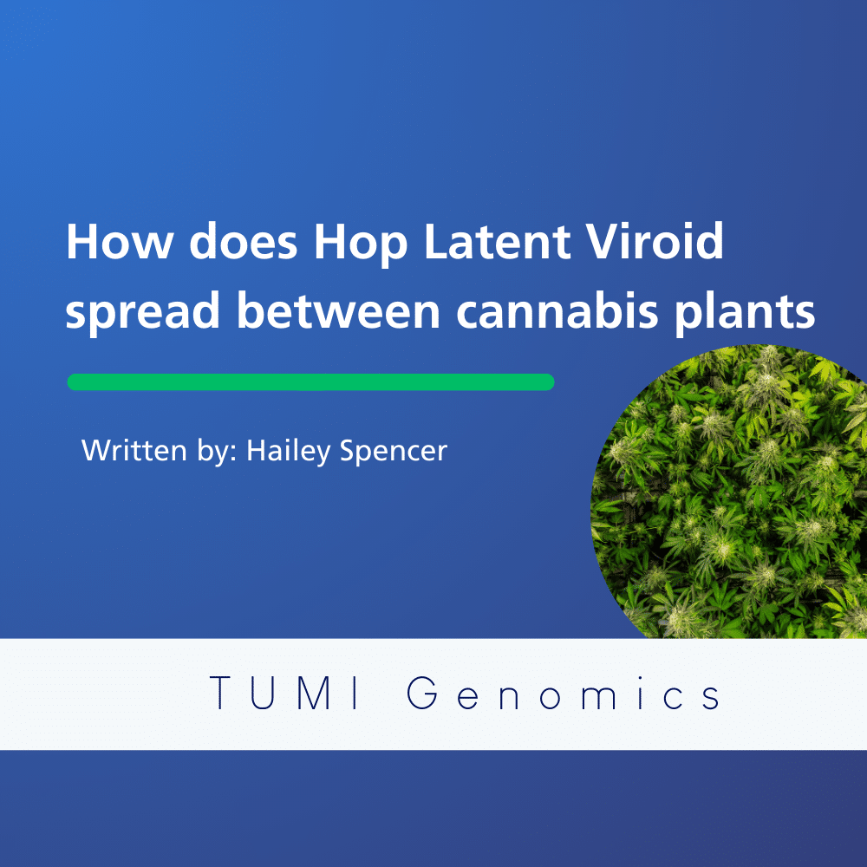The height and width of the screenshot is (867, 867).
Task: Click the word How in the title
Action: [x=120, y=241]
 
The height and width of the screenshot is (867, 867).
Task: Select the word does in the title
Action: [x=244, y=241]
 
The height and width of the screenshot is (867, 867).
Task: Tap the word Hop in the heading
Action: [x=361, y=244]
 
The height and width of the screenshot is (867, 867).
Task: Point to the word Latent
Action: [x=497, y=241]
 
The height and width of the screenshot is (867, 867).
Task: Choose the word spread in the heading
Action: [x=143, y=312]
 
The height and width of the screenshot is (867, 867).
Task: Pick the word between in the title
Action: [x=338, y=310]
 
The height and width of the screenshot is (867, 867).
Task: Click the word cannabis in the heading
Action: [x=557, y=310]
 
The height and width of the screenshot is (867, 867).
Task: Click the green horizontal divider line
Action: [x=310, y=382]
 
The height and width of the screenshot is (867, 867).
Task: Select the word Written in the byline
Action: [x=134, y=451]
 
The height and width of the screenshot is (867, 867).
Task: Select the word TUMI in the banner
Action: [x=285, y=692]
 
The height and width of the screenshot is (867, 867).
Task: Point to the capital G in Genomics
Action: [x=423, y=692]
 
